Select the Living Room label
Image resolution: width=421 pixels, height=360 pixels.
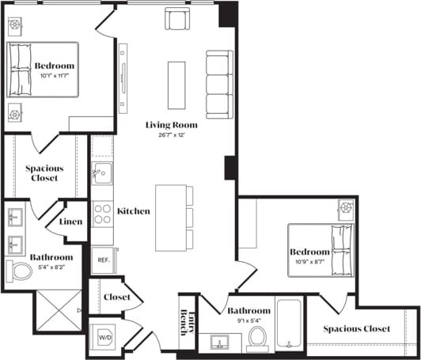tap(171, 125)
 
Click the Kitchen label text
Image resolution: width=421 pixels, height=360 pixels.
tap(134, 211)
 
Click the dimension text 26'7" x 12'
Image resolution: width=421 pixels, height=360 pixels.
tap(171, 135)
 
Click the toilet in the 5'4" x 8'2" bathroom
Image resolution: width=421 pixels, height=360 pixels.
tap(18, 271)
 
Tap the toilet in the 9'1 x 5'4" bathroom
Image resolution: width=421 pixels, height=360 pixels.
tap(257, 339)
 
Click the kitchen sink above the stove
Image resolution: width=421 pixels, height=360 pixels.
tap(101, 173)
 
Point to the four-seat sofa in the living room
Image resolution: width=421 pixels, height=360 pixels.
tap(219, 84)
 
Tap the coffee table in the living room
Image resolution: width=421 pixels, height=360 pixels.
tap(176, 85)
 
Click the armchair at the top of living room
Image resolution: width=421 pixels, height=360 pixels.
tap(177, 18)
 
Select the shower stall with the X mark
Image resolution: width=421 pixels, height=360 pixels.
tap(59, 311)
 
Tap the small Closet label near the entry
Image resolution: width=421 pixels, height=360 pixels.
tap(117, 297)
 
